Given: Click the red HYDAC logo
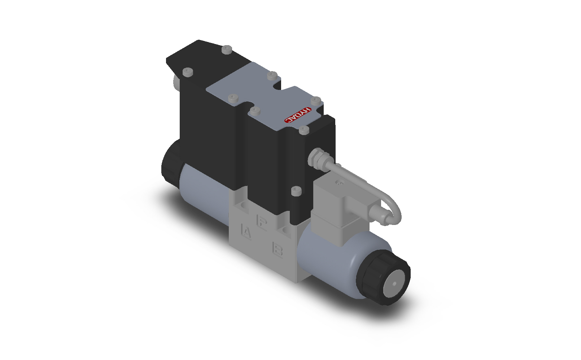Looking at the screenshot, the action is (298, 115).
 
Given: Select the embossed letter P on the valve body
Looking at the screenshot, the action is (261, 222).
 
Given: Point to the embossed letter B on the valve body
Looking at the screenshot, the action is (278, 250).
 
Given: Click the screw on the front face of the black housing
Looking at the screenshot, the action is (297, 191).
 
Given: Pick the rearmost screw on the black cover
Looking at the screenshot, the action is (227, 49).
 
